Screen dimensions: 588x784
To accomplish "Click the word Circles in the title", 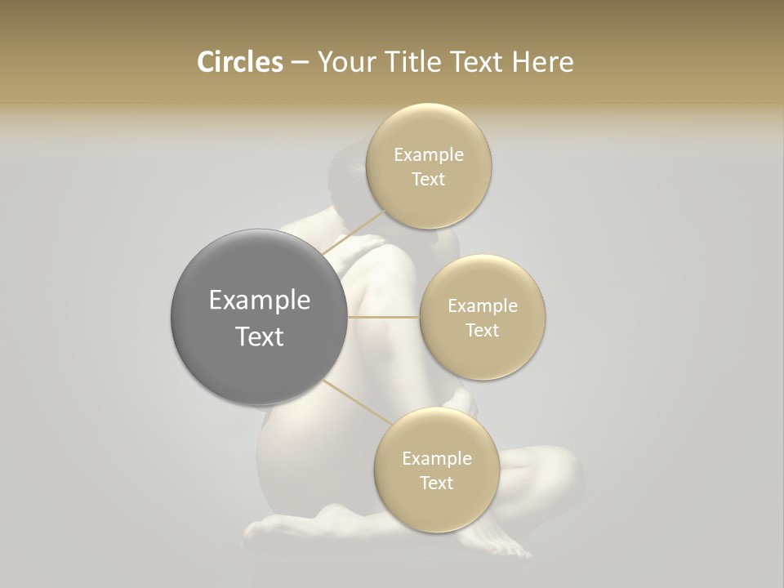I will pyautogui.click(x=239, y=62).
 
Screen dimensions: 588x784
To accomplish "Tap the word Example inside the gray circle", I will pyautogui.click(x=260, y=301).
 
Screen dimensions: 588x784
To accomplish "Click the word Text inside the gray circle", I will pyautogui.click(x=260, y=336).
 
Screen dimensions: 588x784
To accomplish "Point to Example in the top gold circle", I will pyautogui.click(x=429, y=154).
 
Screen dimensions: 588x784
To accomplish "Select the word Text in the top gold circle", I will pyautogui.click(x=428, y=179).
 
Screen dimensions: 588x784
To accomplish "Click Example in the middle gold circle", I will pyautogui.click(x=483, y=305).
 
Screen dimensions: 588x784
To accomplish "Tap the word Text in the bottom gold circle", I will pyautogui.click(x=436, y=483).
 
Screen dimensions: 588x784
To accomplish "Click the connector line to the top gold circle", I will pyautogui.click(x=353, y=233).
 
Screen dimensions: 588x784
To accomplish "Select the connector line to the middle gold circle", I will pyautogui.click(x=383, y=316).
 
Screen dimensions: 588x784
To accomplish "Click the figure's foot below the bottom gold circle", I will pyautogui.click(x=490, y=543).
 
